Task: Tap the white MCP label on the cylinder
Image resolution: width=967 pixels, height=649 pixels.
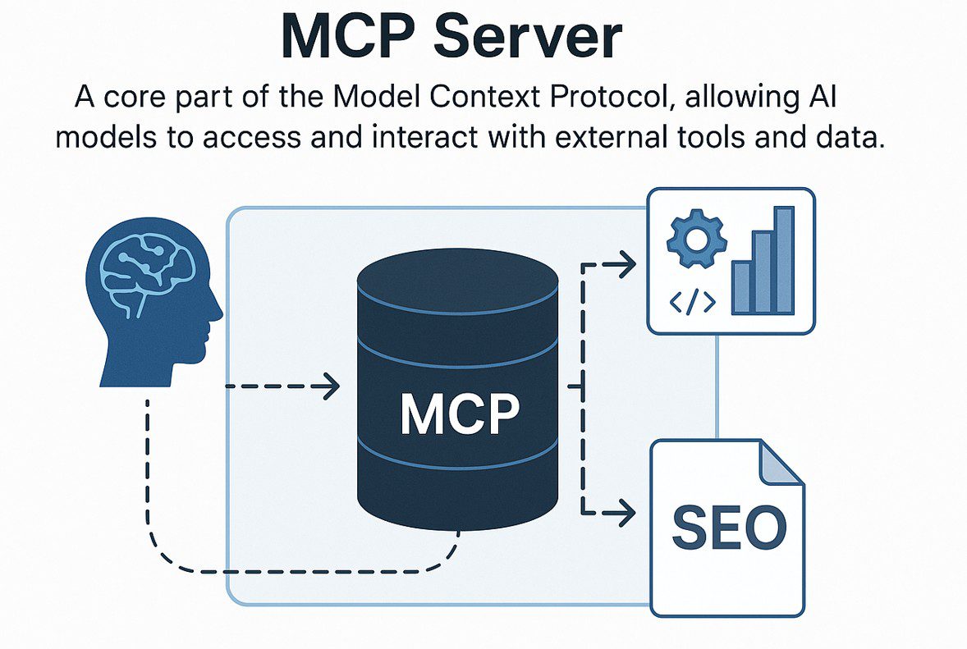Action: click(459, 414)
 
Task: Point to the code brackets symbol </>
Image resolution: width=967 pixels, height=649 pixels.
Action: click(693, 302)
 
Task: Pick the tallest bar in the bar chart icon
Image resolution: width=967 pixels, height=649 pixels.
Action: click(785, 260)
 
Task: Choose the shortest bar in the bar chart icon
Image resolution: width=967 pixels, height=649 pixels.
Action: click(742, 287)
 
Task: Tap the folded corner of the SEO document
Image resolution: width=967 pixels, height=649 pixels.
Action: click(781, 464)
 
